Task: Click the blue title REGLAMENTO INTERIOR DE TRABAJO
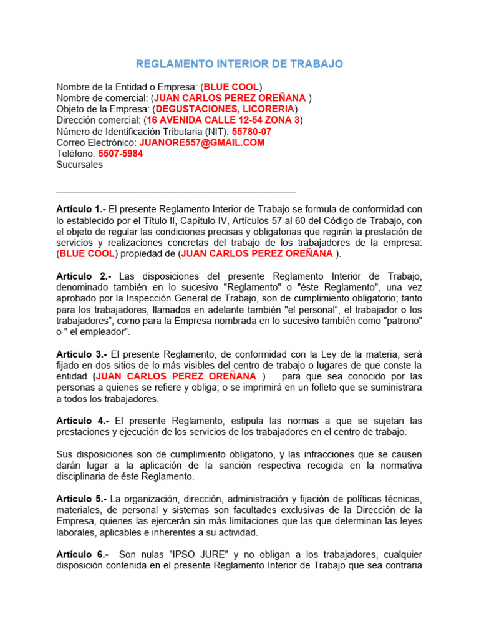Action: click(x=239, y=64)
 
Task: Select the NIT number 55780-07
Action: click(x=251, y=132)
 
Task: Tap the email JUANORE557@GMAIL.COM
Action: click(x=202, y=143)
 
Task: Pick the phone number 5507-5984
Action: click(x=121, y=154)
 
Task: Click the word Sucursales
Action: click(x=79, y=165)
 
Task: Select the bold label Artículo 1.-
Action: click(x=81, y=208)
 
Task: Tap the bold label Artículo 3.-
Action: click(x=81, y=354)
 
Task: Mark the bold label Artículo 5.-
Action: click(x=81, y=499)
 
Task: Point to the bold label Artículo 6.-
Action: click(x=82, y=555)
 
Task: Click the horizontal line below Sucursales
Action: click(x=176, y=192)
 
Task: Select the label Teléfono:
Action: click(x=75, y=154)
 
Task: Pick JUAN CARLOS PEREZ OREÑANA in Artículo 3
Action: click(x=177, y=376)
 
